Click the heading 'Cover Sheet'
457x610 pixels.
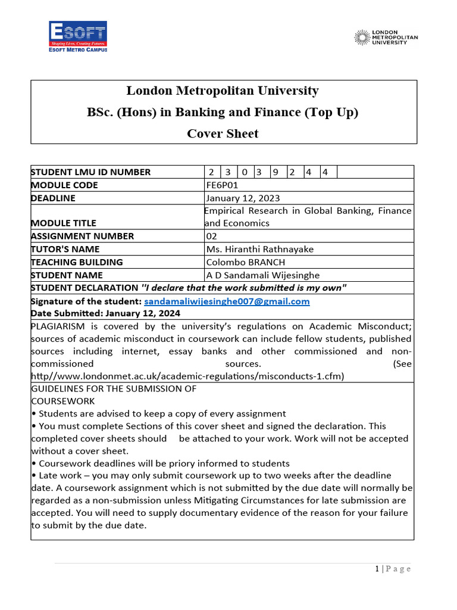[223, 133]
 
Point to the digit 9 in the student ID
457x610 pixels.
[276, 172]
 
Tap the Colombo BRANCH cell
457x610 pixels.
[245, 262]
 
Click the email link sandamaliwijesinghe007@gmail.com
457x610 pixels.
[227, 301]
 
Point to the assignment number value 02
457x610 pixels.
[211, 236]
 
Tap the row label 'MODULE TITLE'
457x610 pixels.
[63, 223]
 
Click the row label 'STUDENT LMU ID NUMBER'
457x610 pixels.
[90, 172]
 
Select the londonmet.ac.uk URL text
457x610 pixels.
[187, 376]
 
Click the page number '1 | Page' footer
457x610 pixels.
[393, 569]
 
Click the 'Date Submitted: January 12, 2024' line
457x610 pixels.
[105, 313]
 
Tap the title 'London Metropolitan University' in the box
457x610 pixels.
[223, 91]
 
